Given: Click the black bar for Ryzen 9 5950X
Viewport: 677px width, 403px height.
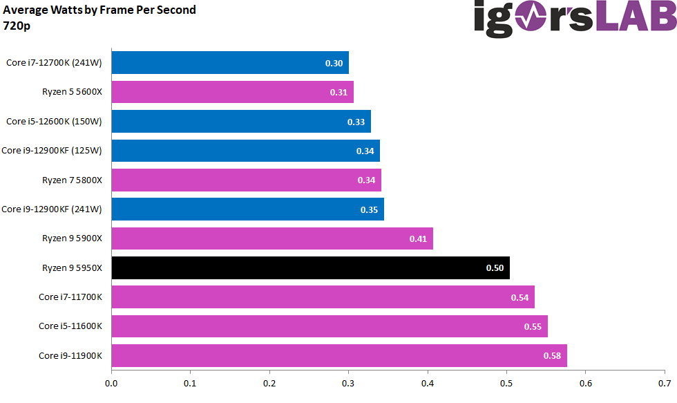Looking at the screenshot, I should (x=310, y=268).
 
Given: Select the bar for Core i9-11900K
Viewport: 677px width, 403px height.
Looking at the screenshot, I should (x=338, y=356).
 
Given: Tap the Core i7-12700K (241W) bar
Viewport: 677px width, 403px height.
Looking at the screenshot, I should (x=229, y=63).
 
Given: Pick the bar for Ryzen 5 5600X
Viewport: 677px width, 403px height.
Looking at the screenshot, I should (x=232, y=92).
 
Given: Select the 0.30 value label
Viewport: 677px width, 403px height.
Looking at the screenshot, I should (x=334, y=63).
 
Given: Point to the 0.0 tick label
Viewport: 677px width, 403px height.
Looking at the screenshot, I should (x=111, y=382).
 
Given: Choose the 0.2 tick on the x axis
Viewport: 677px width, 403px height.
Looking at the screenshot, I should (x=269, y=382).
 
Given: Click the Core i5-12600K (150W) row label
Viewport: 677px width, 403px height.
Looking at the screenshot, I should (x=54, y=122).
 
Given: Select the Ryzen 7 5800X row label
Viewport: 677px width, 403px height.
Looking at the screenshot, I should (x=72, y=180).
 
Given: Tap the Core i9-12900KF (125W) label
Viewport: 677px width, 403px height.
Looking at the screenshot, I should (x=52, y=151).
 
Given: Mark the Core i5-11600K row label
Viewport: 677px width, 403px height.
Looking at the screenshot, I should (x=70, y=326).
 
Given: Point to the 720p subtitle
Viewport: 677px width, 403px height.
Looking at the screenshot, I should (x=17, y=26).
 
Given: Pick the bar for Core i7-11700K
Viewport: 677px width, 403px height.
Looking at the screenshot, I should (x=323, y=297).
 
